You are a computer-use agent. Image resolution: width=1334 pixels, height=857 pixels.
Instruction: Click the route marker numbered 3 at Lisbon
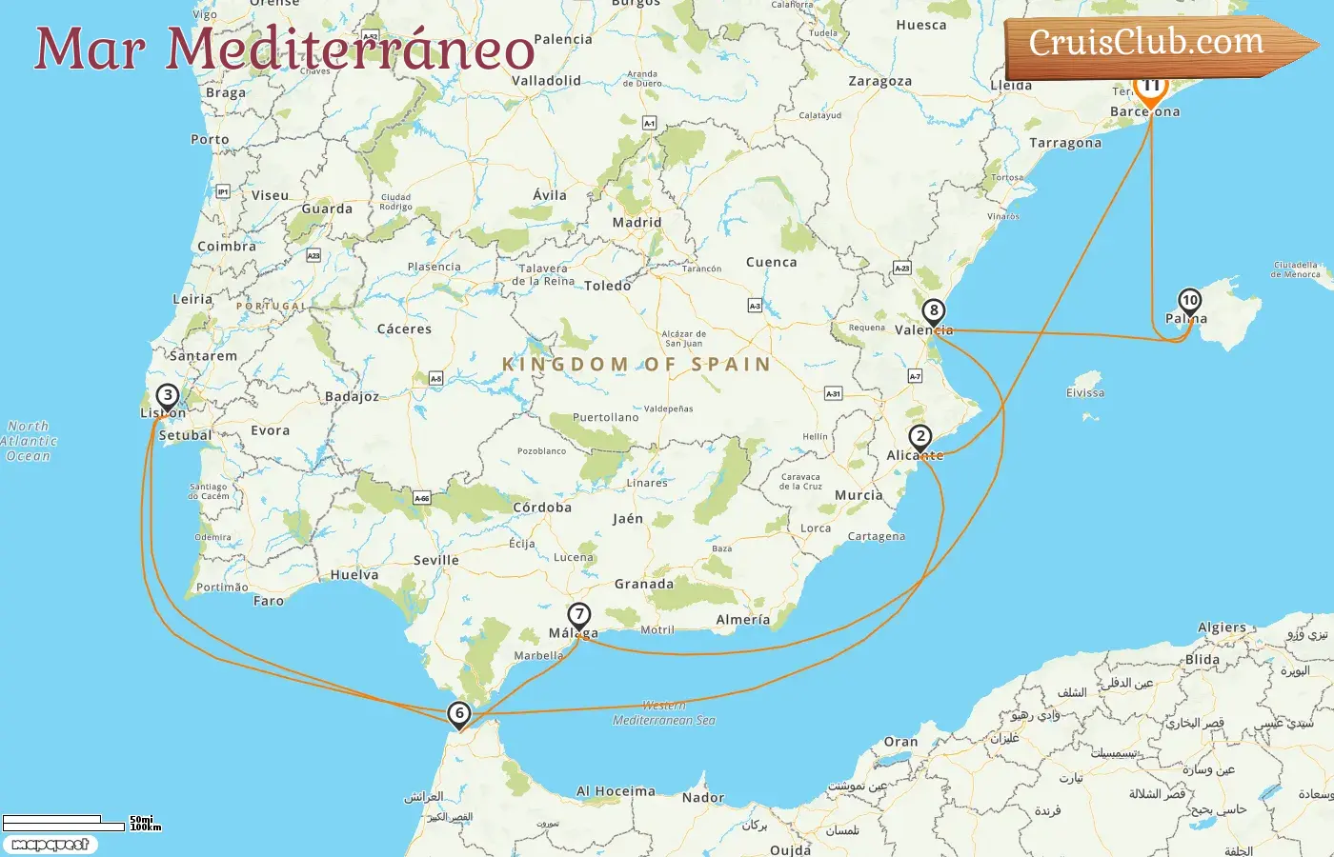tap(168, 396)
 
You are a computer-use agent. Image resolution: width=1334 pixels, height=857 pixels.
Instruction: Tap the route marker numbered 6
tap(459, 713)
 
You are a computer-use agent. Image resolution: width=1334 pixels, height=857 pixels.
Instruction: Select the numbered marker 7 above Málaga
tap(578, 615)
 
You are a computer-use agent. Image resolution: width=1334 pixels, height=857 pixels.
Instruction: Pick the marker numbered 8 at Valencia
tap(934, 311)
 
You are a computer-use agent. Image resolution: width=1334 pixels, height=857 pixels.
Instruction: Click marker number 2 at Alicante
tap(920, 438)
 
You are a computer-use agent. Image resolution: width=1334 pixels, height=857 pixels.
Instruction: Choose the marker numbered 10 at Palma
tap(1189, 301)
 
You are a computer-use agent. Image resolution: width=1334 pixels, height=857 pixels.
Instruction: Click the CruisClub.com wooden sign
tap(1153, 44)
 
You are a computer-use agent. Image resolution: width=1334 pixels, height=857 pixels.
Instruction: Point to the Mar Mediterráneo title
tap(284, 50)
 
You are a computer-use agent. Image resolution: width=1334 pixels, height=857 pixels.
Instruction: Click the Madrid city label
tap(637, 223)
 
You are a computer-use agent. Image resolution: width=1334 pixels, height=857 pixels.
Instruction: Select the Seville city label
tap(436, 560)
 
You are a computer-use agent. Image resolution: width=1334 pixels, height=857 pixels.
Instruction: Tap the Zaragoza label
tap(880, 82)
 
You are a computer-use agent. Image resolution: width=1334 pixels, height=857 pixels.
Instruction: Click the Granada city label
tap(644, 585)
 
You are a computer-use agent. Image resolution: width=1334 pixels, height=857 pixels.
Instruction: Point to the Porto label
tap(210, 139)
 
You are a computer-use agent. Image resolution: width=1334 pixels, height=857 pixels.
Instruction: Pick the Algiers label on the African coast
tap(1222, 628)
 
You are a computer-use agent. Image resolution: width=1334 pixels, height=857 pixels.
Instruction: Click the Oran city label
tap(900, 742)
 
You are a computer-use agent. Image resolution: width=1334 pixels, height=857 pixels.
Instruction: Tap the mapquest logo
tap(50, 845)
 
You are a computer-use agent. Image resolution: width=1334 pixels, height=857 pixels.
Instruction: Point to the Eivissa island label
tap(1085, 392)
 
